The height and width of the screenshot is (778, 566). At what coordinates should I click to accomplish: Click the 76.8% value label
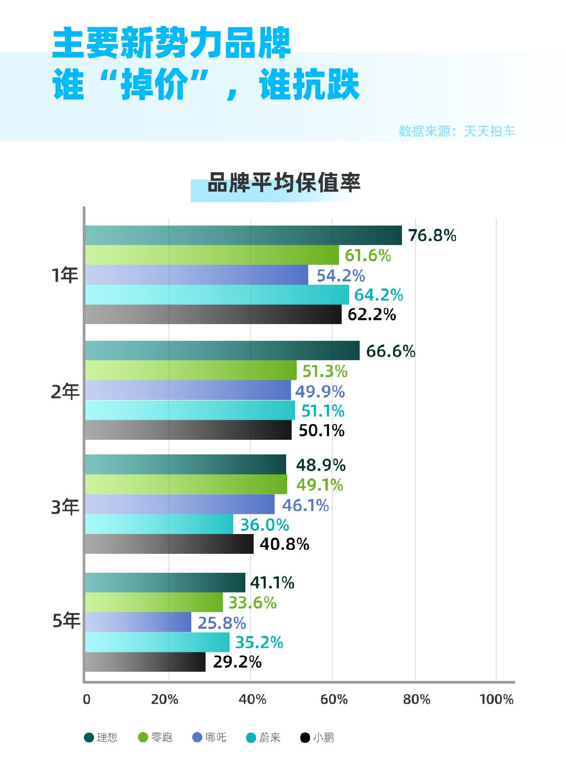[x=432, y=236]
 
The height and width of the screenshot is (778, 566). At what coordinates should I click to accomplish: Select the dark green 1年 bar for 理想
[x=243, y=236]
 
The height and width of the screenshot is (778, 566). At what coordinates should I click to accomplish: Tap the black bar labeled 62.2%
[x=213, y=315]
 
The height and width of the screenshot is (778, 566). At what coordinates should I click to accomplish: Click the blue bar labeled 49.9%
[x=188, y=391]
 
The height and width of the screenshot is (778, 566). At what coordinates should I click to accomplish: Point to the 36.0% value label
[x=264, y=525]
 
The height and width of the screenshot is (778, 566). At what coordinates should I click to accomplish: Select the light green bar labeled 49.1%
[x=186, y=484]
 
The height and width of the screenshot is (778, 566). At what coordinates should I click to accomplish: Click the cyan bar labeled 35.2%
[x=157, y=642]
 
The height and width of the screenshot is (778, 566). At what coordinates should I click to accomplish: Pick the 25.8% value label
[x=221, y=623]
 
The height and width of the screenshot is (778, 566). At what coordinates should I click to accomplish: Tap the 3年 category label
[x=65, y=507]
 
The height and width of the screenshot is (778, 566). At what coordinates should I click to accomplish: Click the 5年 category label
[x=66, y=620]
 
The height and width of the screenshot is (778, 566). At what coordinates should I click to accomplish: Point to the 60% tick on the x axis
[x=334, y=699]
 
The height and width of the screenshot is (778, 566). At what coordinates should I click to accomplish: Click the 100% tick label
[x=496, y=699]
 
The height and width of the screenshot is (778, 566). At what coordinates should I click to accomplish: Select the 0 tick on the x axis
[x=87, y=699]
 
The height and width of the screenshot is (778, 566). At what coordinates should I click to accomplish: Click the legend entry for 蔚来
[x=264, y=737]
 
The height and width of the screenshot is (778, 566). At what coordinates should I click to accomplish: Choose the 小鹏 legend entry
[x=318, y=737]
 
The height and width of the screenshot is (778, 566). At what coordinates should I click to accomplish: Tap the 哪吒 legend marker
[x=198, y=737]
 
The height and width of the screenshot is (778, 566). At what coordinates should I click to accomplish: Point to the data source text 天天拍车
[x=489, y=131]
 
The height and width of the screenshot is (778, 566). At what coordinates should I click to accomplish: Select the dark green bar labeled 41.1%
[x=165, y=582]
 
